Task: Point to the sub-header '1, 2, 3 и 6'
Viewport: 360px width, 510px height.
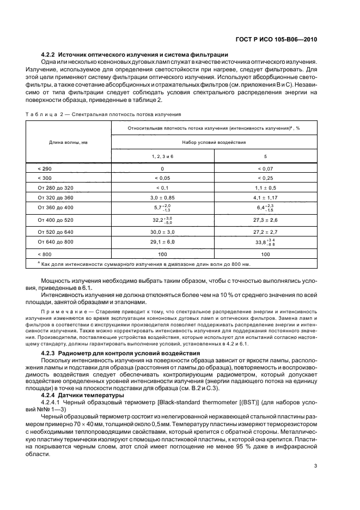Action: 163,156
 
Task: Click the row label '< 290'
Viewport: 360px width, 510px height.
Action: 44,169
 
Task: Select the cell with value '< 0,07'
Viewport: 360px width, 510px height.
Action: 266,169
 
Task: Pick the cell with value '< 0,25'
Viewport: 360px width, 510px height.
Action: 266,178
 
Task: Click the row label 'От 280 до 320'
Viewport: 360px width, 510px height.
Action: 55,187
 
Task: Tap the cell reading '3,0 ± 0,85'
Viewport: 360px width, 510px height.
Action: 163,197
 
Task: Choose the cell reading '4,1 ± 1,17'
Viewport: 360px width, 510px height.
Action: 266,197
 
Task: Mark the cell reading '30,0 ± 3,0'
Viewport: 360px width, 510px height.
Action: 163,231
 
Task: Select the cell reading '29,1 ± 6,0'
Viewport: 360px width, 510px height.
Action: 163,241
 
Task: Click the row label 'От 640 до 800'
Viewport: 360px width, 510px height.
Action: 55,241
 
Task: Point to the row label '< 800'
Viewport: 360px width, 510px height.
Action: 44,254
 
